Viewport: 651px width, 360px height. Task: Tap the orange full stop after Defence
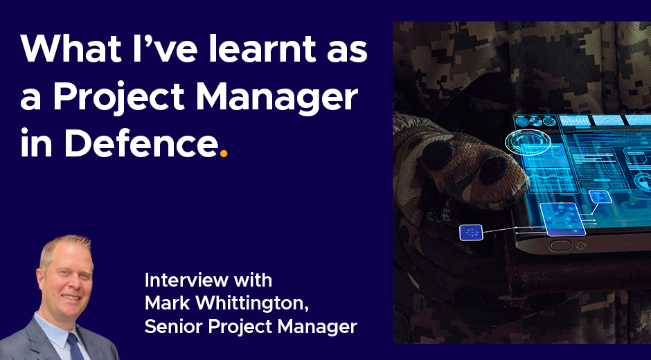pyautogui.click(x=224, y=154)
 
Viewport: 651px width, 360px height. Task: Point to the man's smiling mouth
pyautogui.click(x=71, y=297)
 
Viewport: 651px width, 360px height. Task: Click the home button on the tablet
pyautogui.click(x=560, y=245)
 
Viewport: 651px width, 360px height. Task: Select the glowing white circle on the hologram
pyautogui.click(x=528, y=142)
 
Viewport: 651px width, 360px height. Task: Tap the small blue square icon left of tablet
pyautogui.click(x=471, y=232)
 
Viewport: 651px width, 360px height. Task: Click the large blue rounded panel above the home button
pyautogui.click(x=562, y=219)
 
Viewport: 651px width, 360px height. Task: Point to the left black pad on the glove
pyautogui.click(x=437, y=154)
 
